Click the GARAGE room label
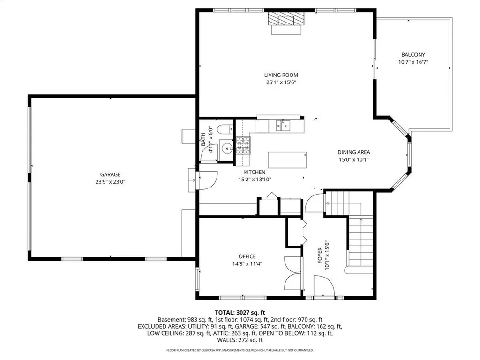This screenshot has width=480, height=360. coord(110,174)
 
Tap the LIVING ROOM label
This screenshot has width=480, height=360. coord(281,75)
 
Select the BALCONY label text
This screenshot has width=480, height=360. coord(413,55)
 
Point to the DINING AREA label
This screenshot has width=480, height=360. coord(354,152)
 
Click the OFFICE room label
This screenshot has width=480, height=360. coord(247,256)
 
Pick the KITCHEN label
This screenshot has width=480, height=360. coord(255,172)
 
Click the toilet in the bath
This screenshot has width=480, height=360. coord(225,129)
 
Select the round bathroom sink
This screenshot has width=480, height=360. coord(227,149)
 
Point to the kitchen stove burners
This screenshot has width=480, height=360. coord(243,145)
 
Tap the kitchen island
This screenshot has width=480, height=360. coord(287,160)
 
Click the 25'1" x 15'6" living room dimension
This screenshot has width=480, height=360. coord(281,82)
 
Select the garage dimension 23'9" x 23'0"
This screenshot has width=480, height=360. coord(110,182)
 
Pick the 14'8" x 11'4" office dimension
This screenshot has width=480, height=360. coord(247,264)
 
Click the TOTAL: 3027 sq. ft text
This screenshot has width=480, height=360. coord(240,313)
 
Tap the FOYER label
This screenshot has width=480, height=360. coord(320,255)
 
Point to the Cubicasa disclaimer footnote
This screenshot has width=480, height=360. coord(240,350)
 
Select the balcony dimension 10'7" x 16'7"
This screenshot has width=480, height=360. coord(413,62)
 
